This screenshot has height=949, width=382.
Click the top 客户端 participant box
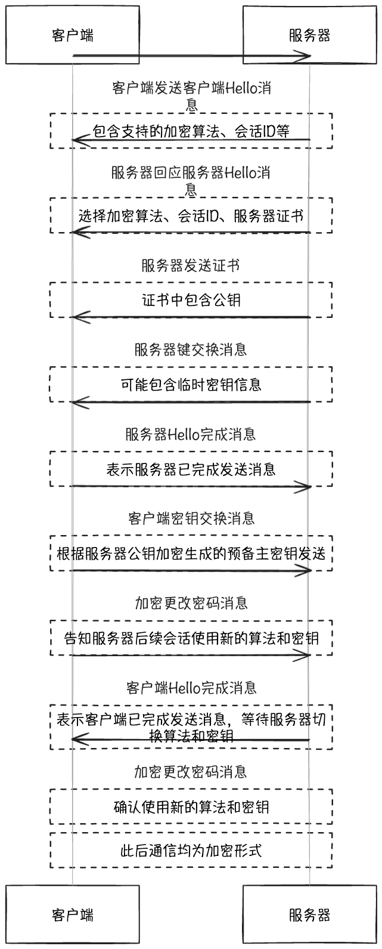click(73, 35)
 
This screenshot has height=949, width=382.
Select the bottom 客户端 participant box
click(73, 914)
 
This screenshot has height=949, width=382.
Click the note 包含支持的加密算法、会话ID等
click(191, 131)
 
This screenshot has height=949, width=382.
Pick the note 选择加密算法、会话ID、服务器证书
click(191, 215)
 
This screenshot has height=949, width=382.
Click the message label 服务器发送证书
click(191, 265)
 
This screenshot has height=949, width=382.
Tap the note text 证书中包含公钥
click(191, 300)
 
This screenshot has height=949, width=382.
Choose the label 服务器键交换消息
click(191, 349)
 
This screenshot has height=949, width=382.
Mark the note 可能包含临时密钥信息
click(191, 384)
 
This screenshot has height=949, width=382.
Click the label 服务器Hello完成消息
click(191, 434)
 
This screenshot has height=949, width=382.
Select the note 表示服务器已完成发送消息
click(191, 469)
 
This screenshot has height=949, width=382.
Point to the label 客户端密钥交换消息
click(191, 518)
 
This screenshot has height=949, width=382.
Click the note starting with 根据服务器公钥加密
click(191, 553)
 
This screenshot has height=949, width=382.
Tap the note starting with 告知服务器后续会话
click(191, 638)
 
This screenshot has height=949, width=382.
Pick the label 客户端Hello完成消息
click(191, 687)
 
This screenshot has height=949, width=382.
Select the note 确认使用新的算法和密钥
click(191, 807)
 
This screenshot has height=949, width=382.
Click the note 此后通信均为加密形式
click(191, 850)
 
